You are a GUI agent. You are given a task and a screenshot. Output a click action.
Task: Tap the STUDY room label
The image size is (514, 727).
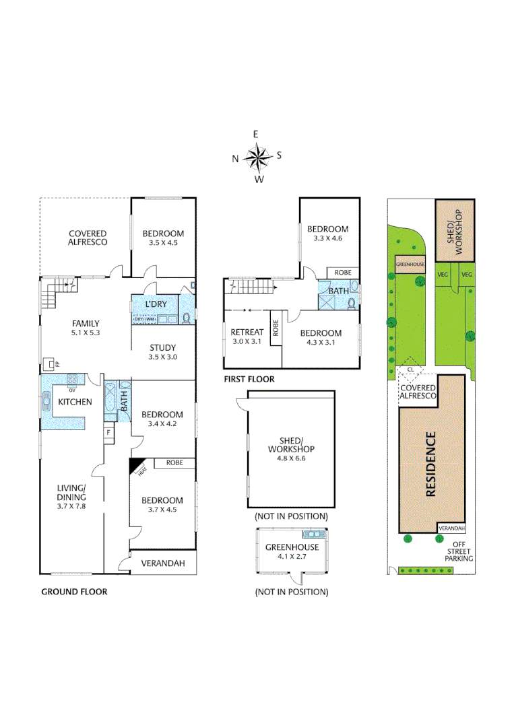pos(163,347)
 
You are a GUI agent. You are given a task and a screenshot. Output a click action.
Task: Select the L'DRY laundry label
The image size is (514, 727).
pos(156,305)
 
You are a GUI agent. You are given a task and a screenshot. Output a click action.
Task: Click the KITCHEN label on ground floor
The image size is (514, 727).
pos(75,401)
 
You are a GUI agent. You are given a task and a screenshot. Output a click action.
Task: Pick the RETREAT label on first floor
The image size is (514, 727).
pos(247,333)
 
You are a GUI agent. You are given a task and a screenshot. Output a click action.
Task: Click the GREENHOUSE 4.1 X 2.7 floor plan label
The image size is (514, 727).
pos(292,552)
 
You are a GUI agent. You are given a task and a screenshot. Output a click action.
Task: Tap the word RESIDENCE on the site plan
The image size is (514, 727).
pos(431,464)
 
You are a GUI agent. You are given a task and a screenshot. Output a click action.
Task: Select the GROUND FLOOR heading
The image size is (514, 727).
pos(74,592)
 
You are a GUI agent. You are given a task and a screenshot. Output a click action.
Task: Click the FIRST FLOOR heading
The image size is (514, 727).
pos(249,380)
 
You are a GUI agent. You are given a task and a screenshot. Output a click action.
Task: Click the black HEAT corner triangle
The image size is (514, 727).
pos(137,465)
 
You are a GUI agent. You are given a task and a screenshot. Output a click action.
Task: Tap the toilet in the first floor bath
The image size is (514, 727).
pos(351,303)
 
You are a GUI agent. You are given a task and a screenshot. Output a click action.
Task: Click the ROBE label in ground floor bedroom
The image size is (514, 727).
pos(174,463)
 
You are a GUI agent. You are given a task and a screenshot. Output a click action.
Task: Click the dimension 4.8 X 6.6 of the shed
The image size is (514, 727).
pos(291,458)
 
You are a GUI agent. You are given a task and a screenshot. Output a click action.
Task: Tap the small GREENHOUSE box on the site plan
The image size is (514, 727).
pos(410,265)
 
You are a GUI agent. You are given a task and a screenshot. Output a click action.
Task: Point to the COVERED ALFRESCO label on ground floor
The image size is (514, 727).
pos(88,238)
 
